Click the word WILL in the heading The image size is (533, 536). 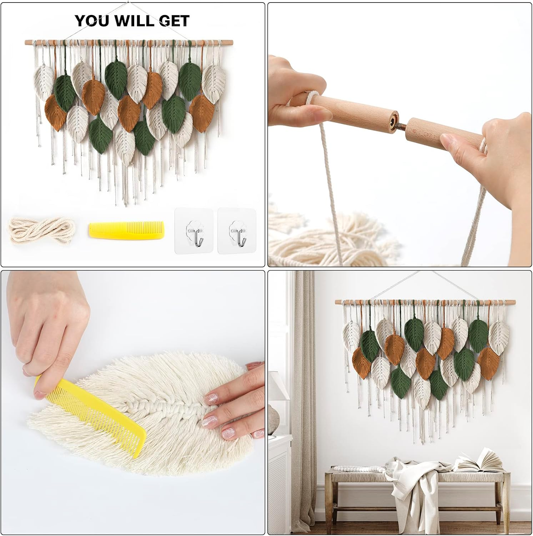(x=136, y=21)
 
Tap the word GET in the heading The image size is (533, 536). (x=174, y=21)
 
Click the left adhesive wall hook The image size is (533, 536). (x=194, y=231)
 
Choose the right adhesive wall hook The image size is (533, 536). (x=237, y=231)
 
